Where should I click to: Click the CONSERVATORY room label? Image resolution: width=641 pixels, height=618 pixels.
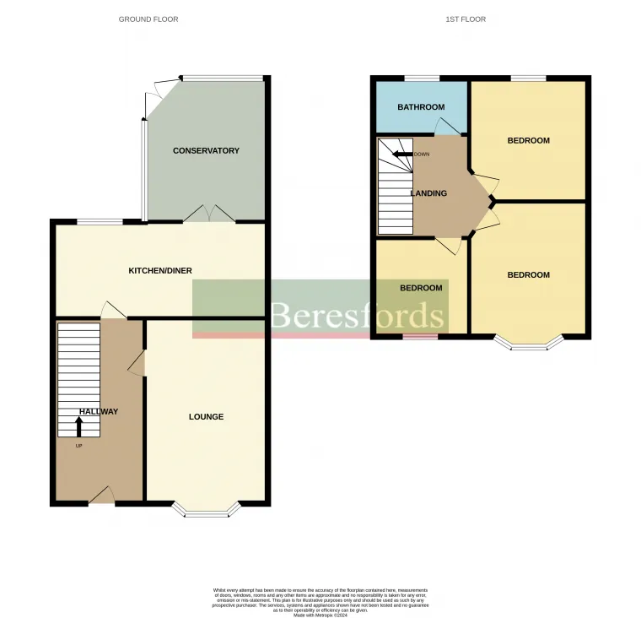click(206, 151)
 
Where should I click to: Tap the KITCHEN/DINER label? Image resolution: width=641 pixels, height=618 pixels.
click(159, 271)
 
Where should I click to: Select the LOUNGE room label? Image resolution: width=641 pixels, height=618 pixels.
click(206, 417)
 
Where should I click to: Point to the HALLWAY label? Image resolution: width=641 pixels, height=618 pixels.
click(99, 412)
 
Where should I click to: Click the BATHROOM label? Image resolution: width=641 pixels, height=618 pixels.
click(421, 107)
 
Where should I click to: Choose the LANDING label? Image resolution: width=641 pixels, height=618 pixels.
click(428, 193)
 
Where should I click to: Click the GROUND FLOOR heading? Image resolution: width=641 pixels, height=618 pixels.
click(148, 19)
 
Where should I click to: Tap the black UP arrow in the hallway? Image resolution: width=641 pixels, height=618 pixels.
click(80, 426)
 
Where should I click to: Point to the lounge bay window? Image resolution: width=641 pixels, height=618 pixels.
click(206, 510)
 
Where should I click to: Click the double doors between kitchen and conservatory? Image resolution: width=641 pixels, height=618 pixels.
click(209, 214)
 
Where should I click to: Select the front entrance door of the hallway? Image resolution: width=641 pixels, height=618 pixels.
click(101, 496)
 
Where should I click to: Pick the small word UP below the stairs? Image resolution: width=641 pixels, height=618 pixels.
click(79, 446)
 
